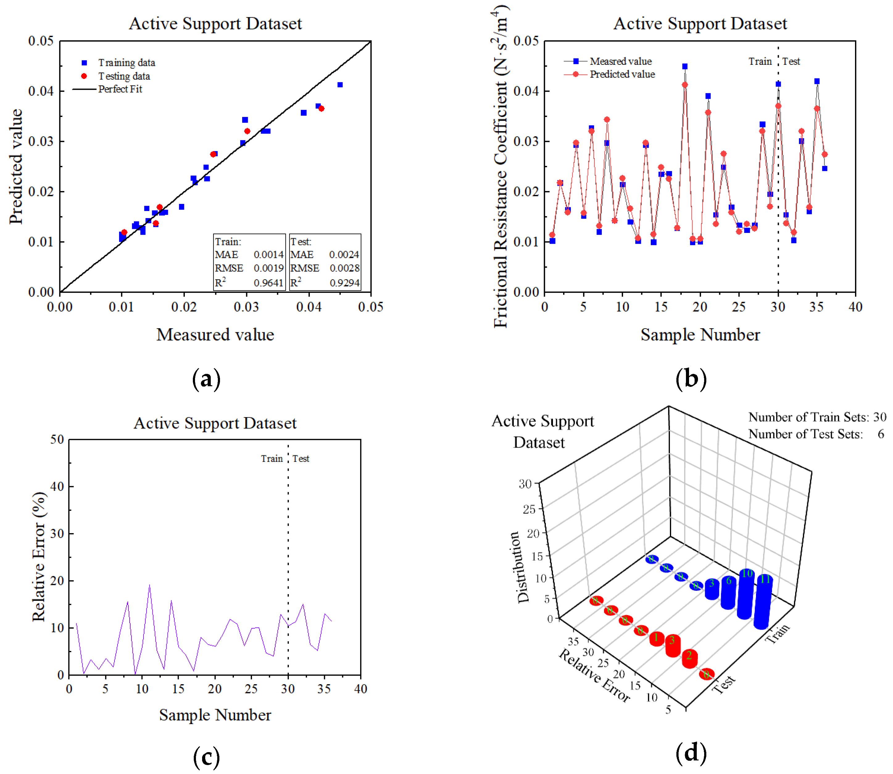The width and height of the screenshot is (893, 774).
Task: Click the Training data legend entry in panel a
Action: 126,63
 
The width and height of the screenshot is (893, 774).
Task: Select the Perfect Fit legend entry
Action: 120,89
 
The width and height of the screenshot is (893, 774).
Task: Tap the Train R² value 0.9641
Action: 268,283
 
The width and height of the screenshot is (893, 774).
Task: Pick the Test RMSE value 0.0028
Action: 344,268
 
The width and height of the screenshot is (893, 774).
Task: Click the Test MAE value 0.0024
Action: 344,255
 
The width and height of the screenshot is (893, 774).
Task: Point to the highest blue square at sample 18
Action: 685,67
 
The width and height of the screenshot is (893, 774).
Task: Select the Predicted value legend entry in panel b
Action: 622,74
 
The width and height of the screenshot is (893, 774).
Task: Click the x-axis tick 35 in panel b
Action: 816,307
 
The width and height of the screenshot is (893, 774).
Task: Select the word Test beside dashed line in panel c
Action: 301,459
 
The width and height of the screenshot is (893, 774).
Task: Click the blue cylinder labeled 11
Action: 763,602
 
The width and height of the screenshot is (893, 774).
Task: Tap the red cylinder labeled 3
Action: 673,646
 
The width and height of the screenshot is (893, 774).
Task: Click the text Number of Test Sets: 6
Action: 816,434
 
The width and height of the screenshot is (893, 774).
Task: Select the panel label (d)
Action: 691,752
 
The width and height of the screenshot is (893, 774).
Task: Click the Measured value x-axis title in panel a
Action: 215,335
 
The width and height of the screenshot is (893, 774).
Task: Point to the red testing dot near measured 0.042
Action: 321,108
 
